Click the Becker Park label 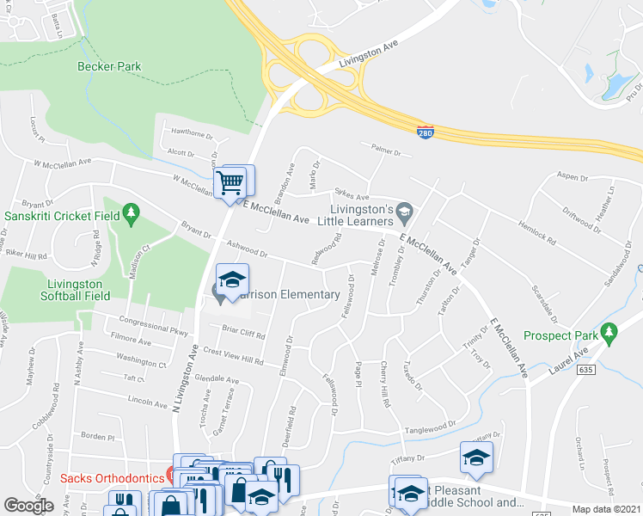click(x=109, y=66)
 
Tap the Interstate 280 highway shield click(x=426, y=132)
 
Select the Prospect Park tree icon click(x=609, y=331)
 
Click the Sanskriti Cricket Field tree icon click(x=132, y=212)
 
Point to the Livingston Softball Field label click(x=75, y=290)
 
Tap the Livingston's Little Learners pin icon click(x=405, y=211)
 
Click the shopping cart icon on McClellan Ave click(x=230, y=183)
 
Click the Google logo click(x=28, y=506)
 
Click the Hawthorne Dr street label click(x=191, y=134)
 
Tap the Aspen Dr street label click(x=572, y=177)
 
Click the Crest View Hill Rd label click(x=233, y=357)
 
